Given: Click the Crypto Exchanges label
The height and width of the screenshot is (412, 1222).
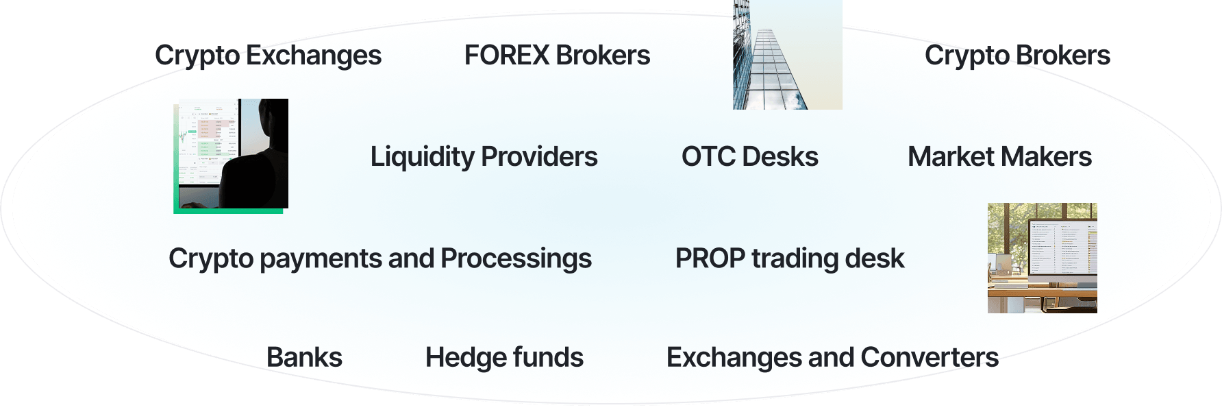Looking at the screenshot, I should click(268, 56).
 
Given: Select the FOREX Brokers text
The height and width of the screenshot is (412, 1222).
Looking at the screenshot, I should click(557, 56).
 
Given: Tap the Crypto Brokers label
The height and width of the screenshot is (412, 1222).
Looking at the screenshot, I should click(1017, 56).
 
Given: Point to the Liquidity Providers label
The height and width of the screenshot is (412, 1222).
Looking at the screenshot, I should click(484, 157).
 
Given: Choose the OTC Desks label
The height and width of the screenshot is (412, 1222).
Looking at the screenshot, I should click(749, 157).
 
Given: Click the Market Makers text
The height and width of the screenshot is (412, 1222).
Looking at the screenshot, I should click(999, 157).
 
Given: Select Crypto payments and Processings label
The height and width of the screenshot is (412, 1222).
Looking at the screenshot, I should click(380, 258).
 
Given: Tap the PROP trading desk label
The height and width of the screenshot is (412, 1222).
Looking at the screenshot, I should click(790, 258).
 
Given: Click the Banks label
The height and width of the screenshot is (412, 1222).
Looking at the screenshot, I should click(304, 357).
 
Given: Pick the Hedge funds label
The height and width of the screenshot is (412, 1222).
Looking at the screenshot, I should click(504, 357).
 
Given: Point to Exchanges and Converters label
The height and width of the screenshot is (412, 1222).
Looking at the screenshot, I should click(832, 357).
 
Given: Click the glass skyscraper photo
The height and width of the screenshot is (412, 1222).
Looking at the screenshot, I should click(787, 55).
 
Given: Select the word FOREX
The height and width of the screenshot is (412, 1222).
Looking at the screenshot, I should click(507, 56).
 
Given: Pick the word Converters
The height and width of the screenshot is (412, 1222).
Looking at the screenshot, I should click(930, 357).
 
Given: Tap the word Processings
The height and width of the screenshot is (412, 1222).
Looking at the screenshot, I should click(516, 258).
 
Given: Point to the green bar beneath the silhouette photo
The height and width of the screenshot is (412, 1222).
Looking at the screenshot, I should click(228, 210).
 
